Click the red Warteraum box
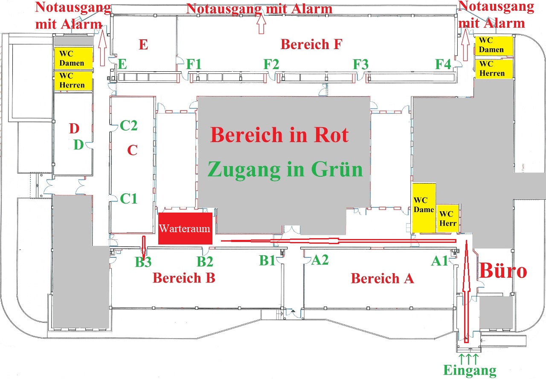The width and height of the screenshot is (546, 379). tap(185, 228)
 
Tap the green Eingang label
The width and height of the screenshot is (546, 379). tap(470, 370)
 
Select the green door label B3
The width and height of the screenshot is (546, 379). tap(143, 262)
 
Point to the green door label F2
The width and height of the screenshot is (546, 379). tap(271, 64)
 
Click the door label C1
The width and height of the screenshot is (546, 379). tap(129, 198)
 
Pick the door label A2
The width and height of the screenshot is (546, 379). tap(319, 260)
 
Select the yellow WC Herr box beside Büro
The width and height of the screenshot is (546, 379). tap(448, 219)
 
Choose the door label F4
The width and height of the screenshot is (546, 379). tap(443, 65)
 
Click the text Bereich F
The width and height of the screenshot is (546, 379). tap(311, 44)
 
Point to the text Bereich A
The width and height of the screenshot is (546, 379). tap(382, 278)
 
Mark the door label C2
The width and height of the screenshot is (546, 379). tap(129, 125)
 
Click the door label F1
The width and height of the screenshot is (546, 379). tap(194, 64)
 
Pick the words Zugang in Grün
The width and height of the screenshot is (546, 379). tap(285, 169)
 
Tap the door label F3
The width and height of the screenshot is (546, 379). tap(360, 65)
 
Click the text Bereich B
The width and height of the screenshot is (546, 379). tap(184, 278)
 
